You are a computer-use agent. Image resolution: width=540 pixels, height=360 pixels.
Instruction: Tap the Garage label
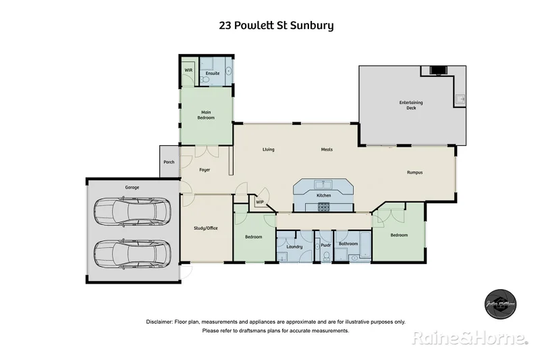(x=132, y=187)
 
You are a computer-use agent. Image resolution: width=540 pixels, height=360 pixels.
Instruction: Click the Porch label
(x=169, y=162)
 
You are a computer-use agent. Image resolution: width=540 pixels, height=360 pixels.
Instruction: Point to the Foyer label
(x=205, y=170)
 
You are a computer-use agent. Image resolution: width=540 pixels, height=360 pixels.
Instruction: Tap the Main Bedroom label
(x=206, y=115)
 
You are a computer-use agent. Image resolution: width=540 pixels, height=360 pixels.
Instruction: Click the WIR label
(x=188, y=70)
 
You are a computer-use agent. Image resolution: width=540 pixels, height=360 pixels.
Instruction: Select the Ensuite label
(x=213, y=73)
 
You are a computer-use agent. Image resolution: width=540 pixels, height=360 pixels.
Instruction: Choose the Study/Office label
(x=206, y=228)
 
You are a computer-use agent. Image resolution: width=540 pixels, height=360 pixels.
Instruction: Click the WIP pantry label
(x=259, y=201)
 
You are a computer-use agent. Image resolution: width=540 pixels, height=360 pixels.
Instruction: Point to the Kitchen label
(x=324, y=196)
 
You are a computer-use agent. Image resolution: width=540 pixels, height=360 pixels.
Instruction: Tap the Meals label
(x=327, y=149)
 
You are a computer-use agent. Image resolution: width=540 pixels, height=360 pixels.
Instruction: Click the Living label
(x=268, y=149)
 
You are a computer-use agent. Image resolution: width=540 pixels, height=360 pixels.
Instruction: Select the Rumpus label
(x=414, y=172)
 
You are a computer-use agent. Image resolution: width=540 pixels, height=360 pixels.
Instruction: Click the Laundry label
(x=294, y=247)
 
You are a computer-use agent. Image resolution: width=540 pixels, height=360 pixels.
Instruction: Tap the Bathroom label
(x=348, y=243)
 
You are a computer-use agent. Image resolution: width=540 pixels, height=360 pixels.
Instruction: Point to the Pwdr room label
(x=325, y=245)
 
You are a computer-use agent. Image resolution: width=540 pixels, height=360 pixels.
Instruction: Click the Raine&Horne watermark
(x=470, y=337)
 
